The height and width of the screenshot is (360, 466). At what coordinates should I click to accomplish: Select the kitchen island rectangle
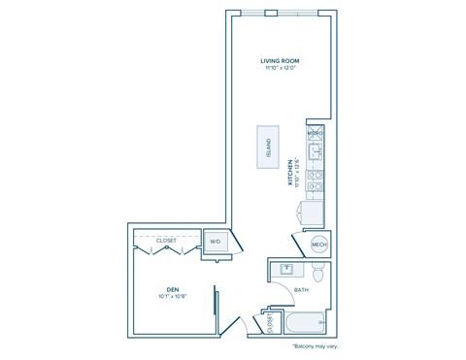268,147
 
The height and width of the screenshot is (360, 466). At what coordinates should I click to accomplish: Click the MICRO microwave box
315,133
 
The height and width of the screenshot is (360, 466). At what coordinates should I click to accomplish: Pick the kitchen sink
315,152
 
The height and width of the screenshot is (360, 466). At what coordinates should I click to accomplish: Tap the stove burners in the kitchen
315,180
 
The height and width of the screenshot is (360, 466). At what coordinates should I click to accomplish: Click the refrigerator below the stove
313,213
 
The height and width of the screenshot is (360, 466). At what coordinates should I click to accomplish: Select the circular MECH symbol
318,245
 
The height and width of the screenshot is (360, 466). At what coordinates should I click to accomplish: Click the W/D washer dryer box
216,242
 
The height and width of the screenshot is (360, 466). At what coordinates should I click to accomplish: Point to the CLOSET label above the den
166,241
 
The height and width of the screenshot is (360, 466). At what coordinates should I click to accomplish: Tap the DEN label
172,289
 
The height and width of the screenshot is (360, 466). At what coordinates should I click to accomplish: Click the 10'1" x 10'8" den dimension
172,297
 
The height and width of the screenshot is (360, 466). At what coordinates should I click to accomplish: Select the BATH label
301,289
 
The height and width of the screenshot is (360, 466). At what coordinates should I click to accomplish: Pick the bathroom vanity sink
286,270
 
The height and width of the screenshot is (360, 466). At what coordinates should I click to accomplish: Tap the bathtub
305,323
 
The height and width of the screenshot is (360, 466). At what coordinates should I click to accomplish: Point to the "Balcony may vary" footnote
314,346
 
